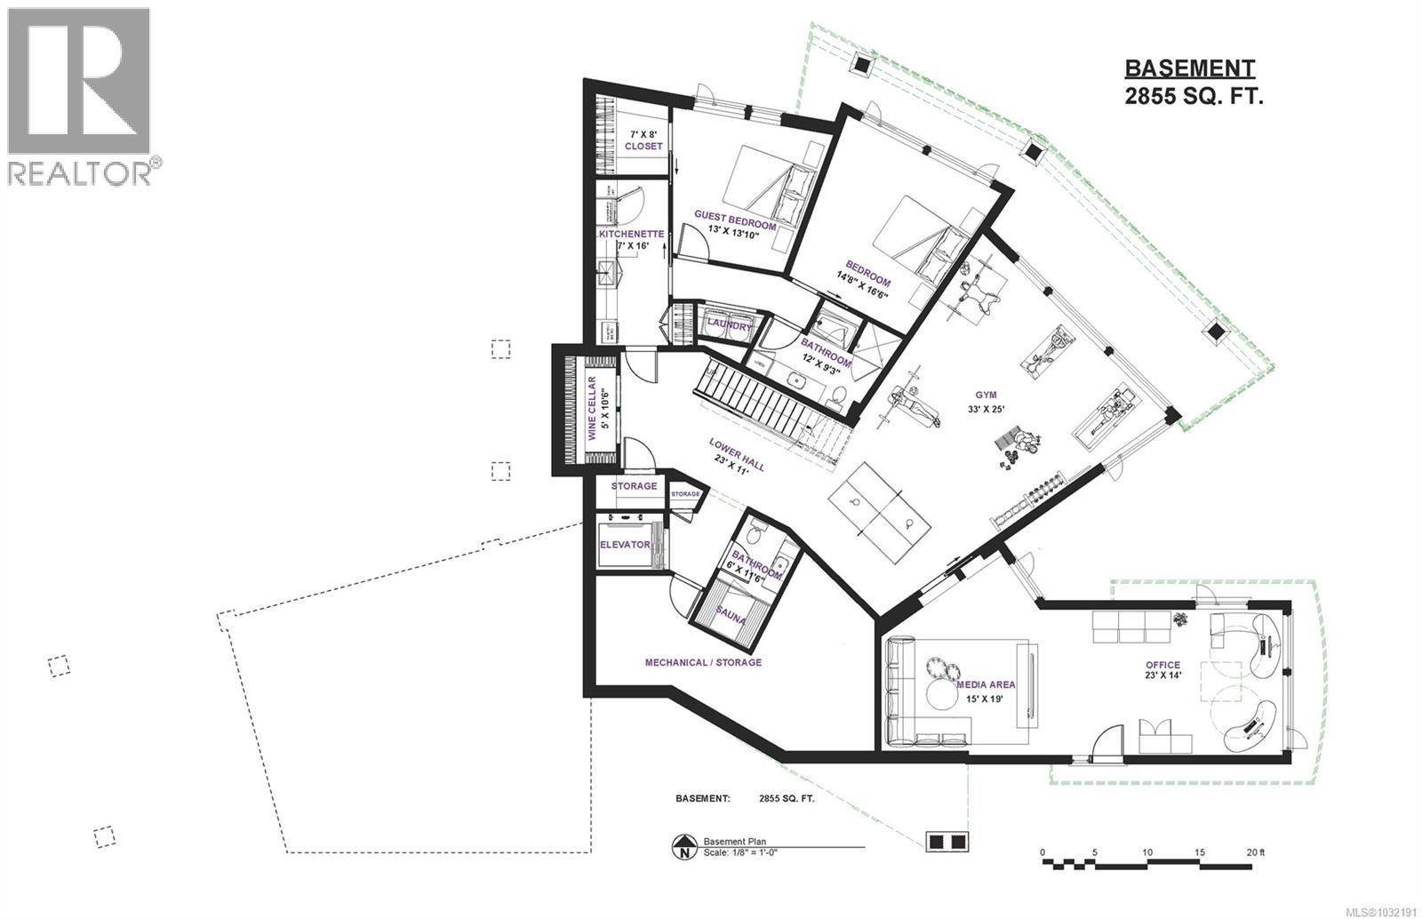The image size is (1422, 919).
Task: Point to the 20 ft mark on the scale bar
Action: tap(1253, 851)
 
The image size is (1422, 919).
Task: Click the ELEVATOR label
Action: tap(625, 545)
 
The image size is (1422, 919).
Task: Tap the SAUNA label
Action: tap(731, 614)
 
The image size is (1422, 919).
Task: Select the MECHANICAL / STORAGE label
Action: tap(702, 662)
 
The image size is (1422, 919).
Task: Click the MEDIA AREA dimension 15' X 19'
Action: tap(985, 698)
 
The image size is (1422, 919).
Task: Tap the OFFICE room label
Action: tap(1162, 665)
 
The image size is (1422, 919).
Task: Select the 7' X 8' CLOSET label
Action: tap(643, 140)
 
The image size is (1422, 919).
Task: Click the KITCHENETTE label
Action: tap(631, 234)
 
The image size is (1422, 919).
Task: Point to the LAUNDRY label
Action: tap(729, 326)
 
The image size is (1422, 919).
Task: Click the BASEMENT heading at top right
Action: tap(1189, 68)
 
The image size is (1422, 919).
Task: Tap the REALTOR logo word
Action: tap(80, 173)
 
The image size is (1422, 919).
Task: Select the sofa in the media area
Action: tap(899, 691)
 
